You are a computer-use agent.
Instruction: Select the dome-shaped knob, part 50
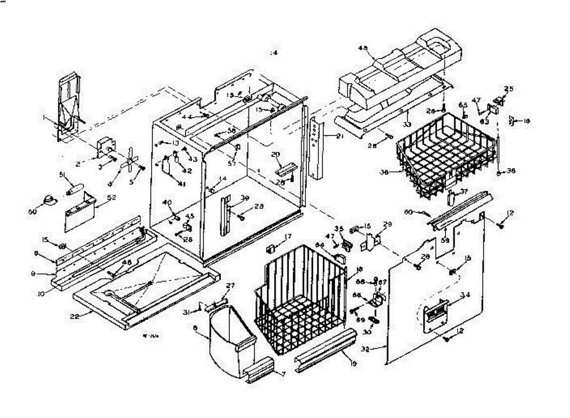47,201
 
